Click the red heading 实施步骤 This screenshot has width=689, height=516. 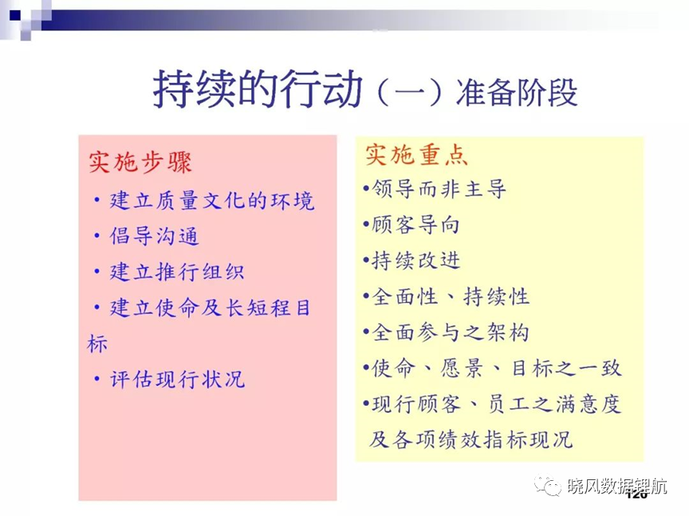coord(140,163)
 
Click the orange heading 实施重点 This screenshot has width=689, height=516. coord(416,156)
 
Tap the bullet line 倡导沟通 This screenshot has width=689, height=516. coord(154,236)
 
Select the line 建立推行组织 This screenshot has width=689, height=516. coord(177,272)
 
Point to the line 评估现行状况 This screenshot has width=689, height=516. coord(177,379)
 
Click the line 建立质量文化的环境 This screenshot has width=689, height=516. coord(212,200)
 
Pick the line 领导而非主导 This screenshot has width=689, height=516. coord(439,189)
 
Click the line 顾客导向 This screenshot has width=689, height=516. coord(415,225)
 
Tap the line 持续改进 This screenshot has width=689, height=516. coord(415,260)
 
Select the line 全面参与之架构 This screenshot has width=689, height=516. coord(451,332)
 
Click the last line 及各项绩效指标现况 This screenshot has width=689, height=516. coord(470,439)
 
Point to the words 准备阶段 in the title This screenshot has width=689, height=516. coord(517,93)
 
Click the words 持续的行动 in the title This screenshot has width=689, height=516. coord(258,89)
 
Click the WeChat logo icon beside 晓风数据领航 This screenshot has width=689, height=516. coord(548,485)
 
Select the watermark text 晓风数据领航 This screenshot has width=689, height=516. coord(617,486)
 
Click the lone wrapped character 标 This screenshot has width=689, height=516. coord(97,343)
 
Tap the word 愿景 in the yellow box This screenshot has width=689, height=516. coord(462,368)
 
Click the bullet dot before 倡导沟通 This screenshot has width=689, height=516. coord(97,236)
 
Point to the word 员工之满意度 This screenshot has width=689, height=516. coord(554,404)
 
